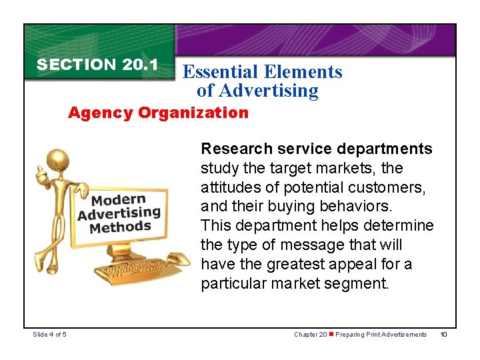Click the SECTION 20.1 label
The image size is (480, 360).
97,65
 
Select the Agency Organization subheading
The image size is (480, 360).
158,113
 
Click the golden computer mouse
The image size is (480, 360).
178,258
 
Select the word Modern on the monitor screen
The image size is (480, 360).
118,201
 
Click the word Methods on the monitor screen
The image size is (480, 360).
120,227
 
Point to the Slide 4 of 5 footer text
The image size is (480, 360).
48,335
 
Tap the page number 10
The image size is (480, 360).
445,335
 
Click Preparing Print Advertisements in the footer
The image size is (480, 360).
381,335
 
